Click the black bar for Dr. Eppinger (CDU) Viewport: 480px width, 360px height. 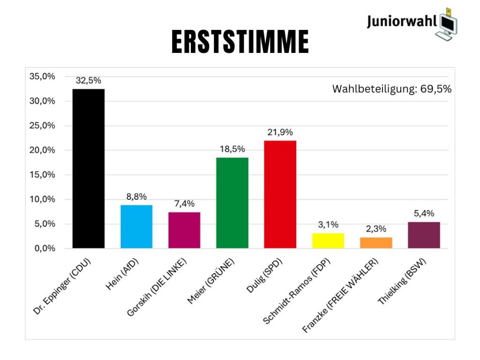[x=89, y=169]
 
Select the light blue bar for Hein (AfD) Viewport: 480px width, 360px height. [x=136, y=226]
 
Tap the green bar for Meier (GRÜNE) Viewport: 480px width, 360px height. [x=232, y=202]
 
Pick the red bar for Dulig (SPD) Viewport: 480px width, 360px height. [x=280, y=194]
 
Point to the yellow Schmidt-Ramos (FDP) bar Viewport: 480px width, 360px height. [x=328, y=240]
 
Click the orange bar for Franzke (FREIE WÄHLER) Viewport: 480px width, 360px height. [x=376, y=243]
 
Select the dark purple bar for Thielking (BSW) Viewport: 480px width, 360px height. [x=424, y=235]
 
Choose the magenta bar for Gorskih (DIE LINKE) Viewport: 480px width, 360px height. [x=184, y=230]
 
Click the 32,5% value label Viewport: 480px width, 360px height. [x=89, y=81]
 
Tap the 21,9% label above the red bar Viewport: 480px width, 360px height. [x=280, y=133]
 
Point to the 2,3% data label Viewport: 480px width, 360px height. [x=376, y=229]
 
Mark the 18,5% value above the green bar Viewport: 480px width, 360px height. [x=232, y=149]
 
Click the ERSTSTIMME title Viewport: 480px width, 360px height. [x=240, y=42]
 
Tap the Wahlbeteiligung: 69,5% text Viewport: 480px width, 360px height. [x=392, y=89]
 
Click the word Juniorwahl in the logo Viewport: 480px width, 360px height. [x=402, y=22]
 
